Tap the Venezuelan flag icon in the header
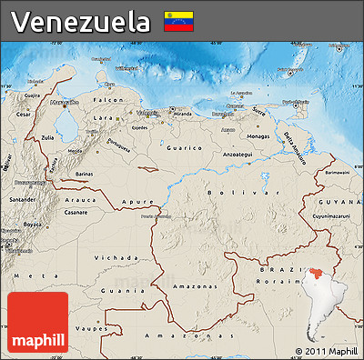[177, 21]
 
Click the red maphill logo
[37, 322]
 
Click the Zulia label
[48, 138]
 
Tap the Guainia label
[111, 290]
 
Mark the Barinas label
[84, 171]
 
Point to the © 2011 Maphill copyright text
[326, 351]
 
